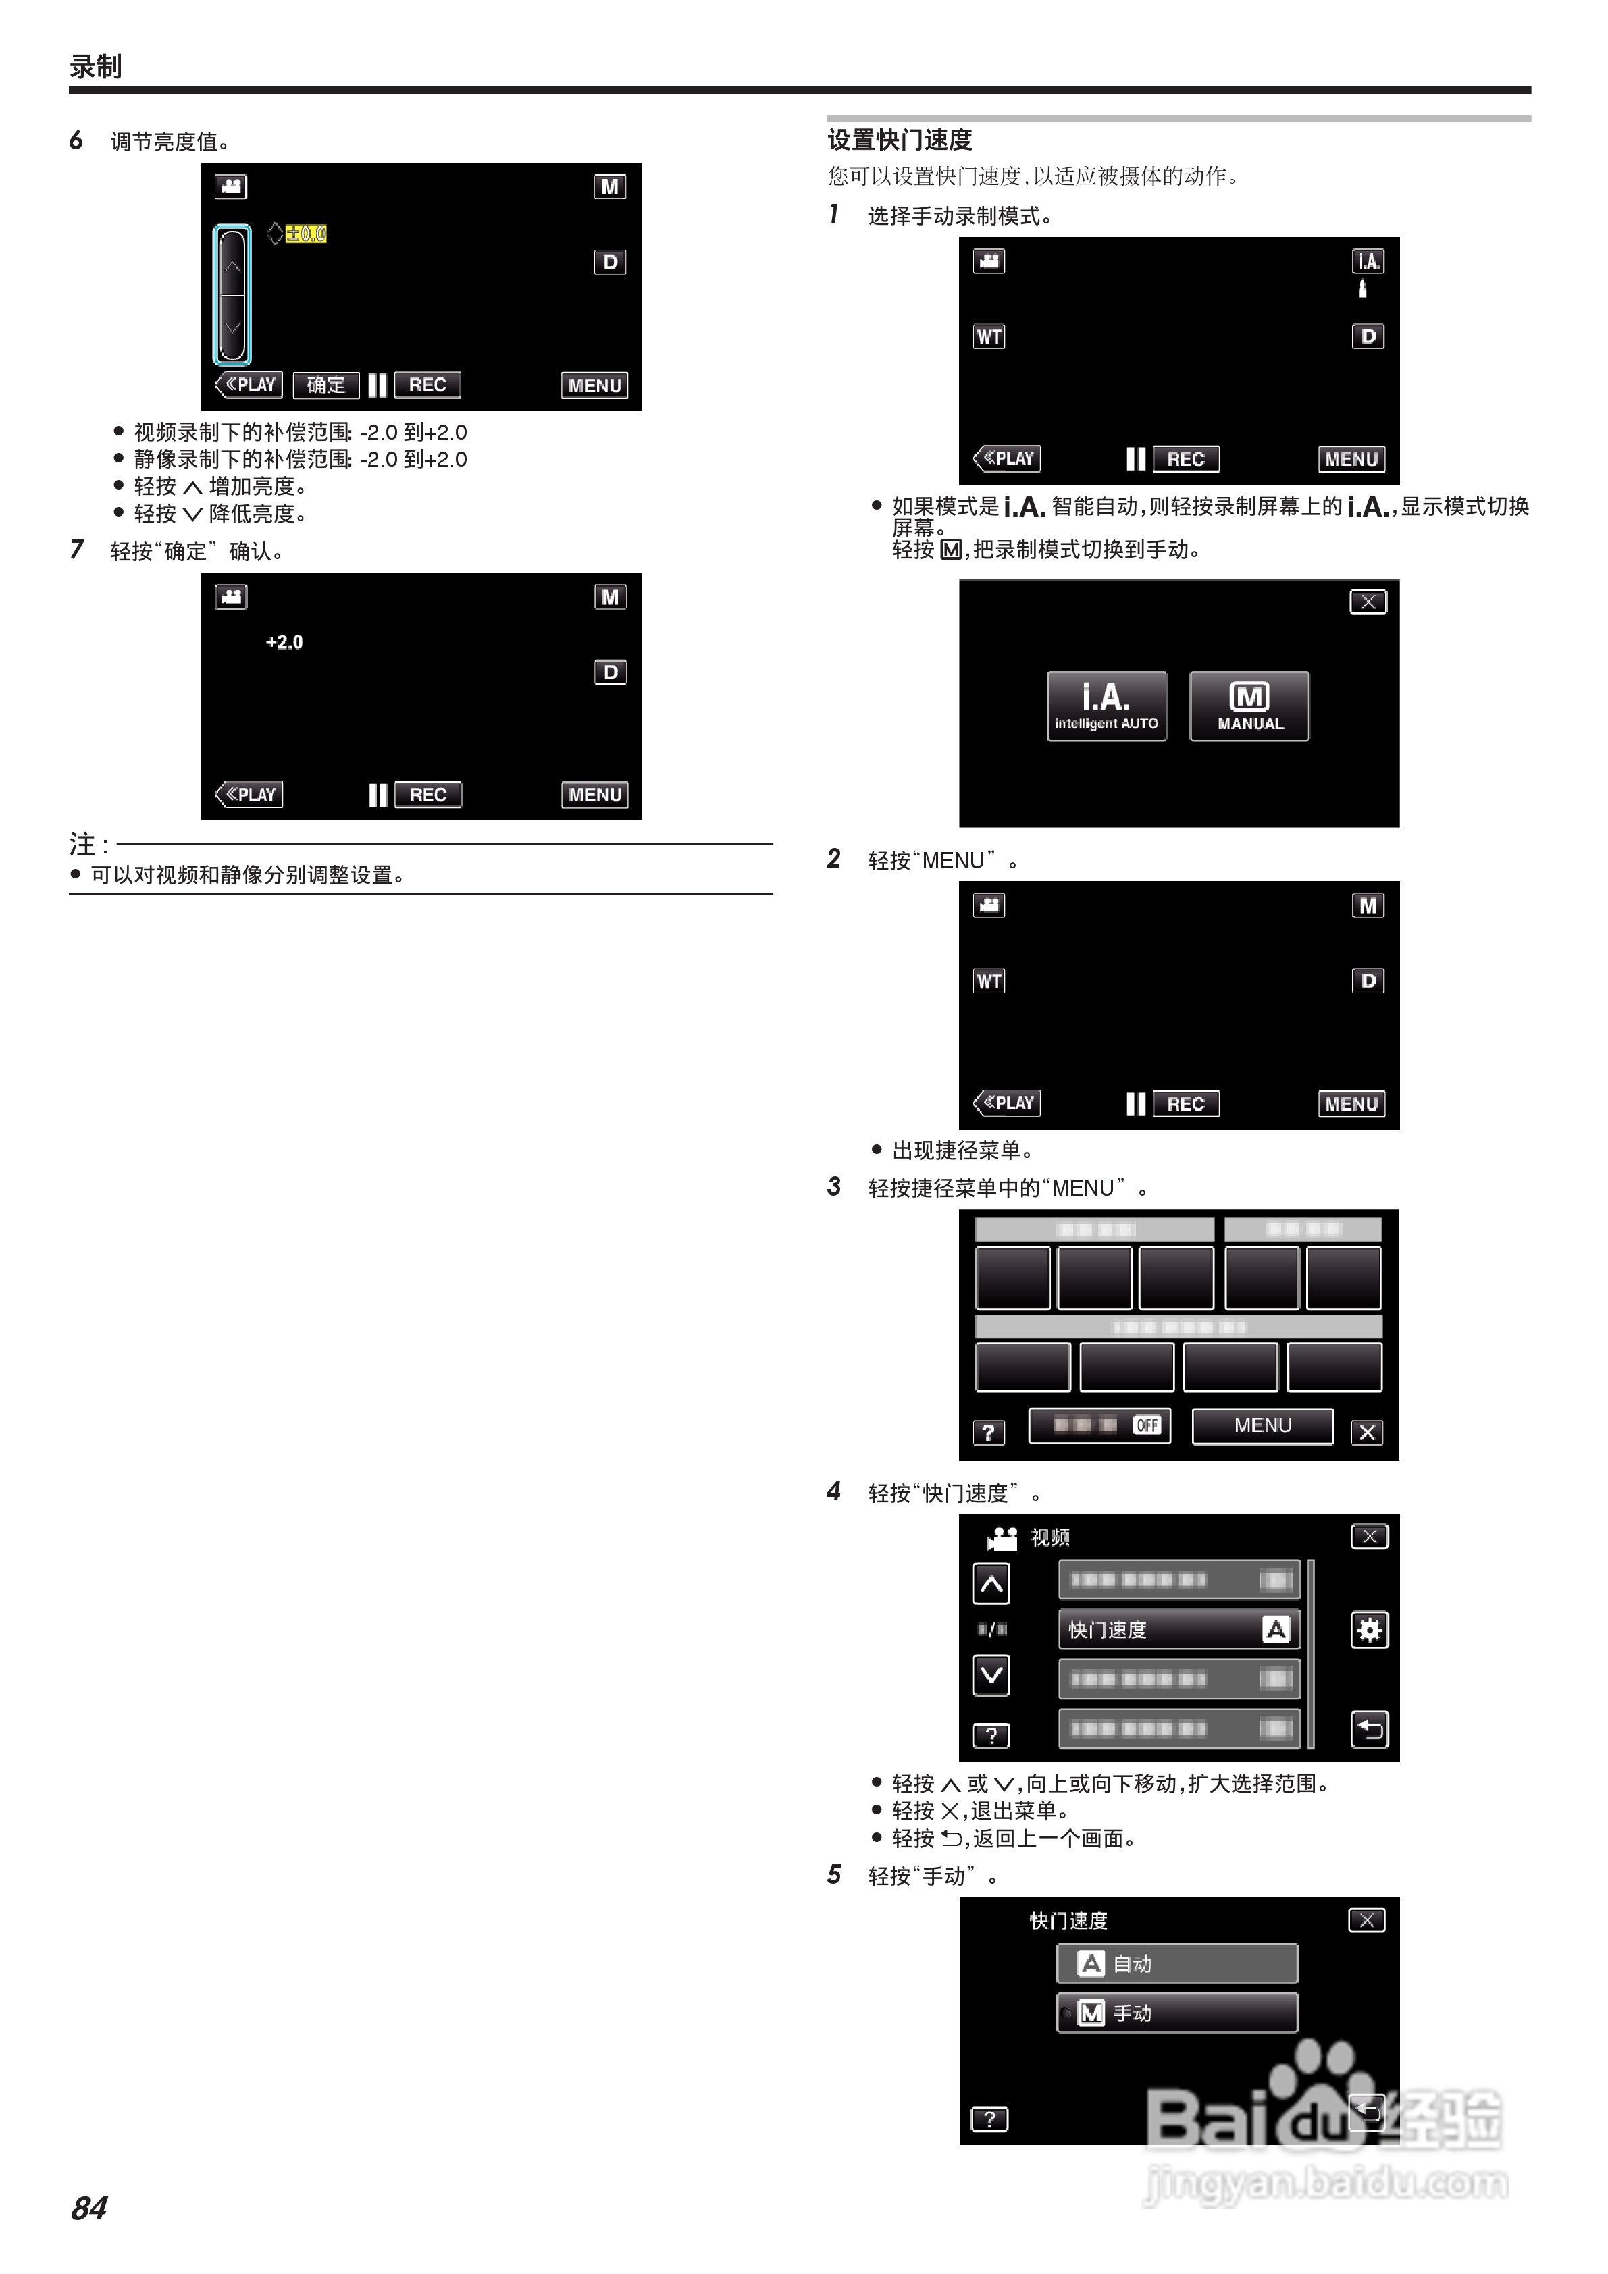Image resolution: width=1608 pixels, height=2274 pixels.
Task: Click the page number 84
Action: pyautogui.click(x=89, y=2208)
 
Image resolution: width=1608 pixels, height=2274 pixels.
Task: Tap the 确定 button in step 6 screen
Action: pyautogui.click(x=326, y=384)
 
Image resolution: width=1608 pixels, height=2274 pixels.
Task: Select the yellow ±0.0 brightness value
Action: pyautogui.click(x=306, y=234)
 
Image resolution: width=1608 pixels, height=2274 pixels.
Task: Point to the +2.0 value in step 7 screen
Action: pyautogui.click(x=284, y=642)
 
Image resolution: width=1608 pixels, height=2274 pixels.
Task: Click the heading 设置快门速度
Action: pyautogui.click(x=900, y=140)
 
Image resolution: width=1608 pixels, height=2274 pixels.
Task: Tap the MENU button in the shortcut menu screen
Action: pyautogui.click(x=1262, y=1425)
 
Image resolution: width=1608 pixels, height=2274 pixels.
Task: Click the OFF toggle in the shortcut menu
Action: pyautogui.click(x=1146, y=1425)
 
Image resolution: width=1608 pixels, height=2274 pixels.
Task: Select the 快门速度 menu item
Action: pyautogui.click(x=1178, y=1629)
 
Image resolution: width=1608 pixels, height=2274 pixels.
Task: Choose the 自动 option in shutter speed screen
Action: pyautogui.click(x=1177, y=1963)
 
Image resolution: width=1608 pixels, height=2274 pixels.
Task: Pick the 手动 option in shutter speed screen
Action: pyautogui.click(x=1177, y=2013)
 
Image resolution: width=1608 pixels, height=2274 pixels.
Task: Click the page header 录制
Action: pyautogui.click(x=95, y=66)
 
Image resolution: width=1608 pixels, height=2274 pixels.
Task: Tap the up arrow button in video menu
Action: pyautogui.click(x=991, y=1584)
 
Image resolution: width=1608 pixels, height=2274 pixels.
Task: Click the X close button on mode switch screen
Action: pyautogui.click(x=1368, y=602)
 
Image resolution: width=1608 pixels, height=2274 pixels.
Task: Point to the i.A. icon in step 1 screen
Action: pyautogui.click(x=1368, y=261)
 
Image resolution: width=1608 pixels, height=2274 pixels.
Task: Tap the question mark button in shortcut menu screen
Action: pyautogui.click(x=988, y=1432)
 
